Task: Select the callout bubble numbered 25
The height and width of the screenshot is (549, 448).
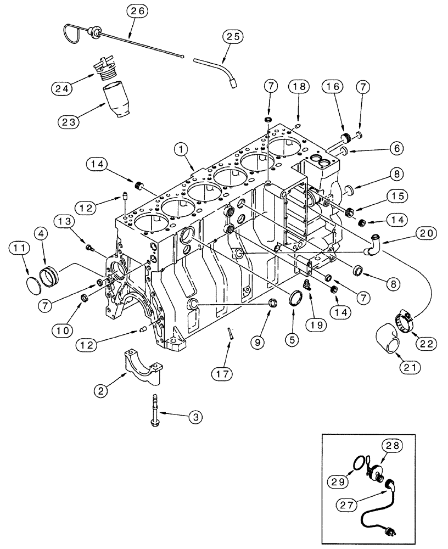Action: click(x=232, y=37)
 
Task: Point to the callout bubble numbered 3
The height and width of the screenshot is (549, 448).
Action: click(x=194, y=417)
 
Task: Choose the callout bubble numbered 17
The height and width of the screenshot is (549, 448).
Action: click(x=222, y=374)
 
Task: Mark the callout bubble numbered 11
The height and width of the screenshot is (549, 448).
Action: click(x=20, y=249)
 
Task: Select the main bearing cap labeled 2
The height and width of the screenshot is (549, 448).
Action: click(x=139, y=366)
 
